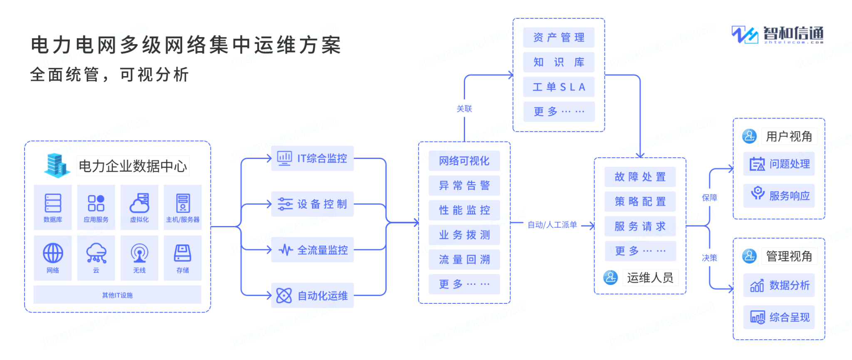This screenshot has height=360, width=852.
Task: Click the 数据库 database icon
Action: click(x=53, y=203)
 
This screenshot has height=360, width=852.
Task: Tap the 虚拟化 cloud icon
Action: click(x=139, y=203)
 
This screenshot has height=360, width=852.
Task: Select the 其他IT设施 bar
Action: click(x=117, y=295)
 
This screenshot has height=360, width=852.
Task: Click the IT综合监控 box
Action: click(x=312, y=158)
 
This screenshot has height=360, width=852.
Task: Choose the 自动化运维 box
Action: click(x=312, y=295)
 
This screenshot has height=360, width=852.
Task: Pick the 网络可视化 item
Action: click(x=464, y=161)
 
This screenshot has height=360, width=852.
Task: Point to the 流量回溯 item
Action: click(x=464, y=260)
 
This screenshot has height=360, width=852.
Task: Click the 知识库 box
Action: click(x=559, y=62)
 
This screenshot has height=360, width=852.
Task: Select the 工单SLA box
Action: click(x=559, y=87)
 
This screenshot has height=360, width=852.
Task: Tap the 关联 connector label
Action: click(x=464, y=109)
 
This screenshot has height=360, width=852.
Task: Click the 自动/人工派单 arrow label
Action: click(x=552, y=225)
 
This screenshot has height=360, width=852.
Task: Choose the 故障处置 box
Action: click(x=640, y=177)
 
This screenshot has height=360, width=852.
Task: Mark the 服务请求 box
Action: click(x=640, y=226)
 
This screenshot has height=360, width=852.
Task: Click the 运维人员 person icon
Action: click(x=611, y=278)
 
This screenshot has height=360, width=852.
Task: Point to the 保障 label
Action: click(x=709, y=198)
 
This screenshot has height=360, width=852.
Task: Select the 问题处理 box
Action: click(x=779, y=164)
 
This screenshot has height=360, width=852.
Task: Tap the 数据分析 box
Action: click(x=779, y=285)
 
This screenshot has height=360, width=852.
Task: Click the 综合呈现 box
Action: click(x=779, y=317)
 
